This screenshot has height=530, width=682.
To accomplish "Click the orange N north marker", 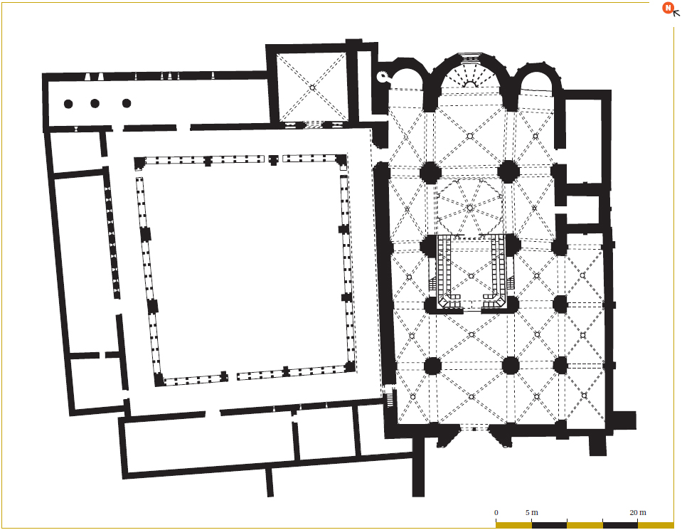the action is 668,8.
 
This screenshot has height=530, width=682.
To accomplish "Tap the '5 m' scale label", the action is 531,513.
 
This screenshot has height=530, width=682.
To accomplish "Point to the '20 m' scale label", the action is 638,513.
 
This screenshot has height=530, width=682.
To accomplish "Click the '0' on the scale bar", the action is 496,513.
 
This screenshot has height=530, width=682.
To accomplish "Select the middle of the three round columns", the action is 95,104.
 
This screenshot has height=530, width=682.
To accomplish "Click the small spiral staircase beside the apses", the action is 383,77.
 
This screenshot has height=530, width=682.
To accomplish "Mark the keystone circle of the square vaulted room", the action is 312,88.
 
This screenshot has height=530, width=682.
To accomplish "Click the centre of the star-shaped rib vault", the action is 470,208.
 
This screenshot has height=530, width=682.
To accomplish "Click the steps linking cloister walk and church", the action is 390,398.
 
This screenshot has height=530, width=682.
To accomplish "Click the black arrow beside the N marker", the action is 676,13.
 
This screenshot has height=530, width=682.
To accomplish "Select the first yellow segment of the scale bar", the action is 513,525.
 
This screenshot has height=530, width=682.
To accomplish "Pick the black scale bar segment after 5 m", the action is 549,525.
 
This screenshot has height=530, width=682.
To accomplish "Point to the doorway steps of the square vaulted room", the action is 312,125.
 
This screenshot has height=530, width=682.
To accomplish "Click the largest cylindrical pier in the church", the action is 511,366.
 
